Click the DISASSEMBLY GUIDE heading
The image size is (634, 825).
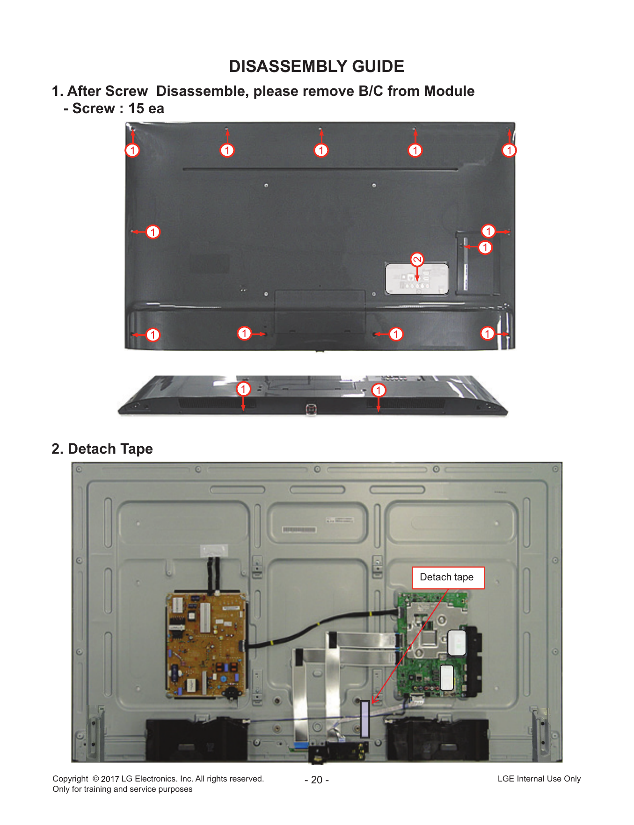(x=316, y=66)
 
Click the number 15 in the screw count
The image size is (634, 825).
(x=136, y=109)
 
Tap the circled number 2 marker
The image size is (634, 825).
(x=417, y=259)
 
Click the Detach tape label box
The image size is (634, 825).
(x=448, y=578)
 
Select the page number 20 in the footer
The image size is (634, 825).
(x=317, y=780)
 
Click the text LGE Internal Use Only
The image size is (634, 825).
(x=539, y=779)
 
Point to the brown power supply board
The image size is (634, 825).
(x=206, y=645)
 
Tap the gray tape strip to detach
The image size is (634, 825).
(x=365, y=719)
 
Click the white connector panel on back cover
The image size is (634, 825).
(x=417, y=279)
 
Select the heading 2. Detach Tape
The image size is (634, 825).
(x=102, y=449)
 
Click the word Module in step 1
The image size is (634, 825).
(x=449, y=91)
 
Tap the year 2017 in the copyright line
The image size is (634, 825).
(x=110, y=779)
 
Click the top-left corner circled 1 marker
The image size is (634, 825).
(x=132, y=150)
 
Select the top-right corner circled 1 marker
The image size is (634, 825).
(x=509, y=150)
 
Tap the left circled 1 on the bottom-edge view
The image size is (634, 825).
(x=243, y=389)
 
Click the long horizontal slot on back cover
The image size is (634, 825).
(x=320, y=169)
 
